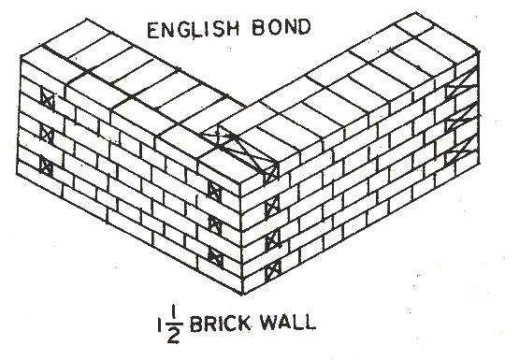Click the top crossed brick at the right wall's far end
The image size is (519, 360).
(x=457, y=92)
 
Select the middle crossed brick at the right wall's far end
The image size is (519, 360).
(x=457, y=120)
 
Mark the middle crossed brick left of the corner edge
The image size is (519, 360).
(x=214, y=223)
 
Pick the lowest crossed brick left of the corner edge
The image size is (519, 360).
(x=214, y=254)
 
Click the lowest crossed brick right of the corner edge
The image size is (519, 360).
(x=271, y=271)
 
